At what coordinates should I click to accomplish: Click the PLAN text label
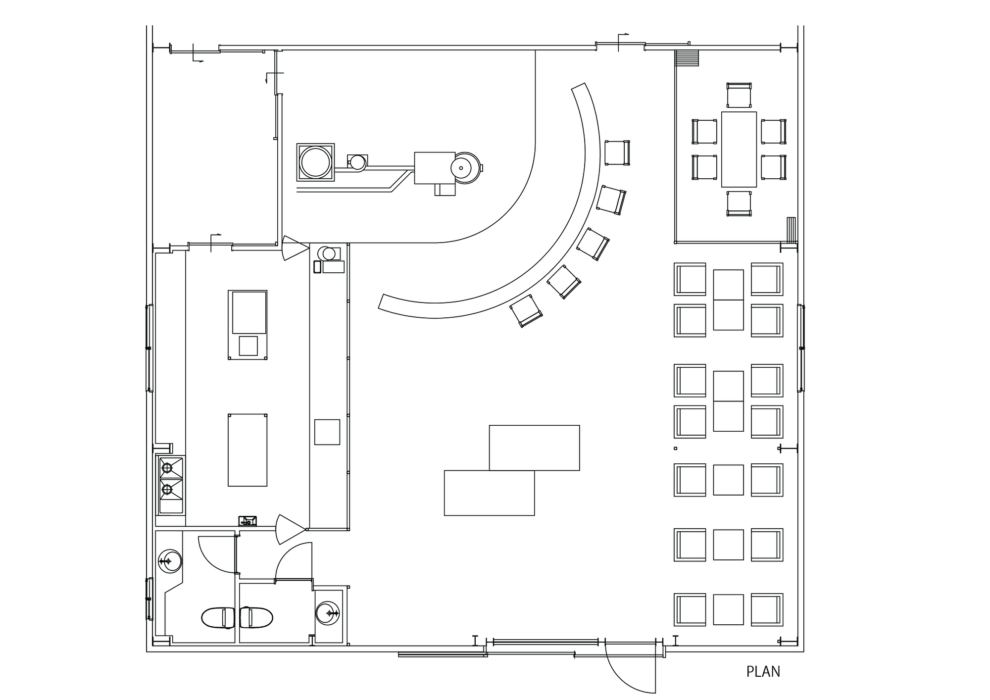(x=763, y=672)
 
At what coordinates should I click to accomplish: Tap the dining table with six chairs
(x=739, y=149)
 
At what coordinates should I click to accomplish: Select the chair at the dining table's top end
(x=739, y=95)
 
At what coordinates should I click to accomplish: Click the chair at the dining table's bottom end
(x=739, y=203)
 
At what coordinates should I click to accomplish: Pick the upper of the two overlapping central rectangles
(x=534, y=448)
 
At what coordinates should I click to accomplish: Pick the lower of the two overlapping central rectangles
(x=489, y=493)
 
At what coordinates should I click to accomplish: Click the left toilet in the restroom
(x=218, y=618)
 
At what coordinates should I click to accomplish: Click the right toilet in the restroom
(x=256, y=618)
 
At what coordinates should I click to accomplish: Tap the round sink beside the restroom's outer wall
(x=170, y=561)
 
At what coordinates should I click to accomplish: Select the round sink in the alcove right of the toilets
(x=327, y=614)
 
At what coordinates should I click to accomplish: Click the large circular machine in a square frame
(x=315, y=162)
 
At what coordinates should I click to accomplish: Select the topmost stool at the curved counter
(x=617, y=152)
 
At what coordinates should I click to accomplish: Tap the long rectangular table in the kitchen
(x=247, y=450)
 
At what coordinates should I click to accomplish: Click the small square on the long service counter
(x=327, y=432)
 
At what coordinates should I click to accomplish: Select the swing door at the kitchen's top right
(x=294, y=248)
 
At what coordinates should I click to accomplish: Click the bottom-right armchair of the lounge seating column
(x=766, y=609)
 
